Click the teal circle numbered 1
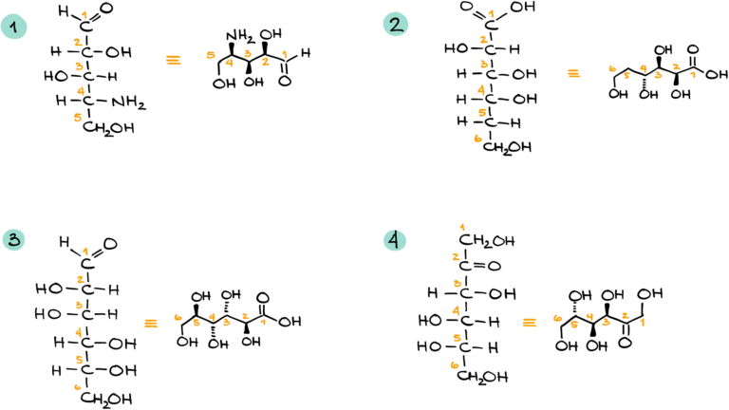pos(13,27)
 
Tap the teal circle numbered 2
pos(396,24)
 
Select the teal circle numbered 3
pos(13,239)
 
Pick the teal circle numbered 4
pos(395,240)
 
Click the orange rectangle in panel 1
pos(173,60)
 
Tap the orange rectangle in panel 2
pos(573,73)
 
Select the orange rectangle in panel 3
pos(151,324)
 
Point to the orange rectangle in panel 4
pos(529,323)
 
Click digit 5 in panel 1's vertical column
pos(78,118)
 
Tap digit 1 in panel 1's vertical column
pos(84,15)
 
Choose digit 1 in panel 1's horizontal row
pos(285,54)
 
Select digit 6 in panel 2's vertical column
pos(478,140)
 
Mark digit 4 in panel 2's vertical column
pos(481,90)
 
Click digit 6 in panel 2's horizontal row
pos(612,68)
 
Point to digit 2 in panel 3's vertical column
pos(81,280)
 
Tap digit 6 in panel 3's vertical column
pos(78,387)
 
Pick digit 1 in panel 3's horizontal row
pos(263,323)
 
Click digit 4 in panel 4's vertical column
pos(457,310)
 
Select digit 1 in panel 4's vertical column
pos(462,228)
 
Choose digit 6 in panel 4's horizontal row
pos(557,319)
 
